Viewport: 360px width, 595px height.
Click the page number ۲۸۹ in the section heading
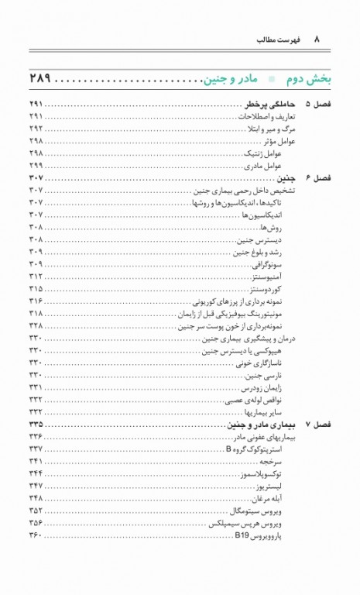(40, 80)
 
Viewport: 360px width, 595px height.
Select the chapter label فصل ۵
(317, 105)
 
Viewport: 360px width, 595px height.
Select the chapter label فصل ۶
(317, 179)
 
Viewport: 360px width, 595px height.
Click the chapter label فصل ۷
(317, 425)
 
